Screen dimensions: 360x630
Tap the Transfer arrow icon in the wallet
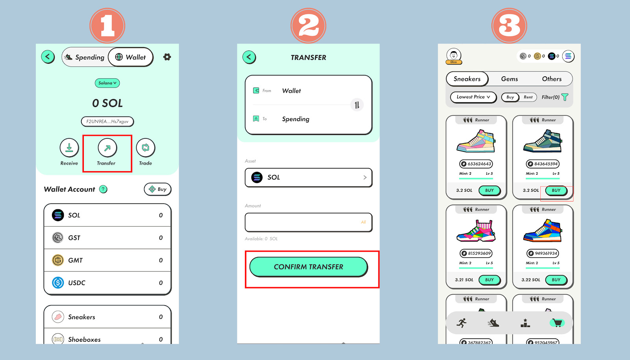pos(107,148)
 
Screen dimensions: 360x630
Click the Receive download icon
pos(69,148)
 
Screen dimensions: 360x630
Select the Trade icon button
pos(145,148)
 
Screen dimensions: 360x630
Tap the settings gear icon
pos(167,57)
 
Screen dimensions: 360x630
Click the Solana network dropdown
pos(107,83)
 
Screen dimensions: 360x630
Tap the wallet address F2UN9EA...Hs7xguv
pos(107,122)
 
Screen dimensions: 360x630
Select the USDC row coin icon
pos(58,282)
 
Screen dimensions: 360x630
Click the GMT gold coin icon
pos(58,260)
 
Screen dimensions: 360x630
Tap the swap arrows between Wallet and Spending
pos(357,105)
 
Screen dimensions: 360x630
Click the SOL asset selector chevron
pos(365,177)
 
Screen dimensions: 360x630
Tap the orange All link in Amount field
pos(363,222)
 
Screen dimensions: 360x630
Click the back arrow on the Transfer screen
pos(249,57)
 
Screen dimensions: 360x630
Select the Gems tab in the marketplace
pos(510,79)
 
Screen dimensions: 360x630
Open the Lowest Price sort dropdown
pos(473,97)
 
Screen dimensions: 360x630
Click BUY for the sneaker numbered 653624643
pos(489,190)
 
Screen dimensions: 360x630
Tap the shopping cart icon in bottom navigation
pos(557,323)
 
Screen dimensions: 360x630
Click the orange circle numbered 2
pos(308,26)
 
